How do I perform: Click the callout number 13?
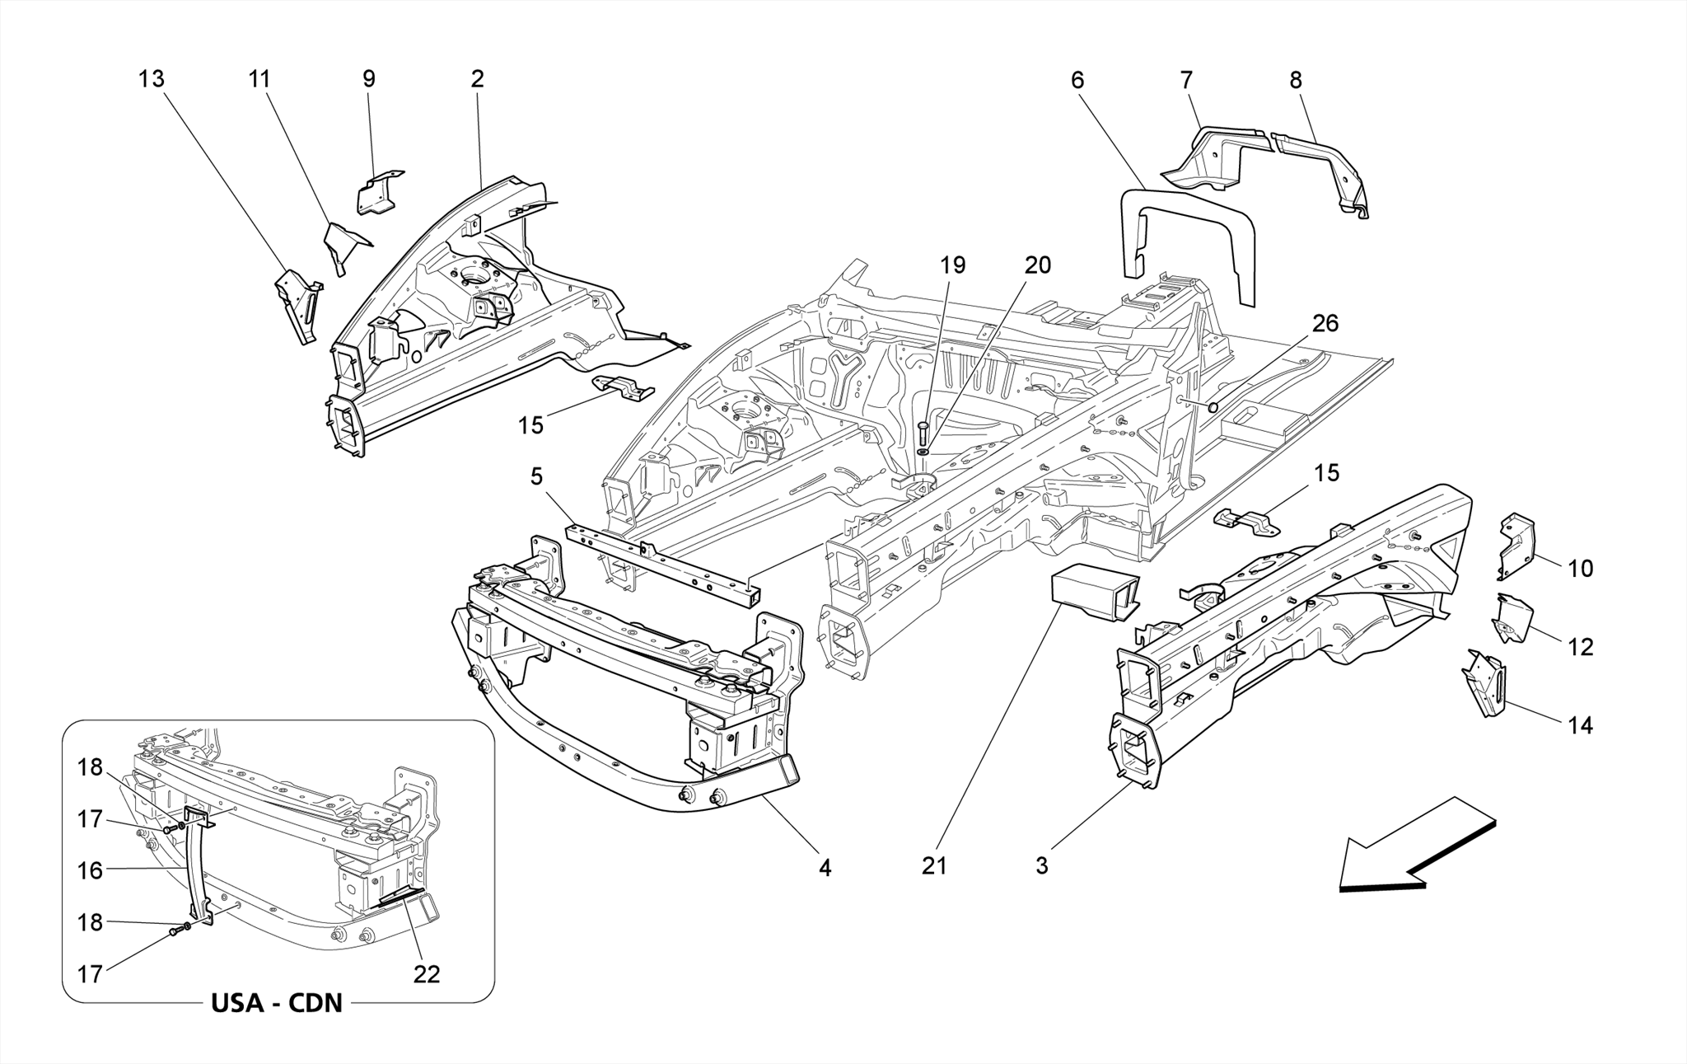tap(152, 79)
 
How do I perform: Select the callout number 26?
tap(1325, 324)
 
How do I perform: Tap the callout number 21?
tap(934, 865)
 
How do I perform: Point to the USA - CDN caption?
tap(277, 1003)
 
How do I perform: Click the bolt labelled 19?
tap(922, 433)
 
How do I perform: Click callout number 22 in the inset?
tap(427, 974)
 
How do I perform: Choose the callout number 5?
tap(537, 476)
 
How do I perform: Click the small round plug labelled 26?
tap(1213, 407)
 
